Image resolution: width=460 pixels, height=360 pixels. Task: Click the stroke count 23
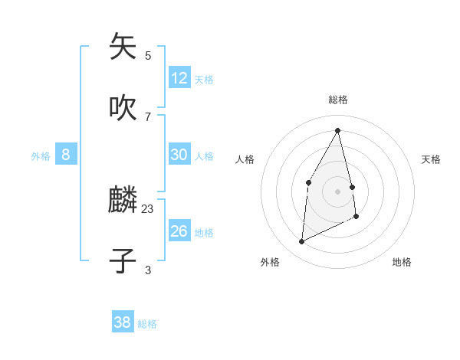point(148,208)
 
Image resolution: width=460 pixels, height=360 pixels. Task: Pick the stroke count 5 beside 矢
point(148,55)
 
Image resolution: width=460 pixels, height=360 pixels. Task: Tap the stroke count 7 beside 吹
point(148,116)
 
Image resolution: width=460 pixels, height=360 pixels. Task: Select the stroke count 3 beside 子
point(148,270)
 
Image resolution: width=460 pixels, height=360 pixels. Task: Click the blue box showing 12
point(179,78)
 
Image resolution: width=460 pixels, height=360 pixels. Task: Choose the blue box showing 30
point(179,155)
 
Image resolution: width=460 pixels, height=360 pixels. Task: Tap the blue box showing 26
point(179,231)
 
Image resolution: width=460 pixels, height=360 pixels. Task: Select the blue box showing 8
point(66,155)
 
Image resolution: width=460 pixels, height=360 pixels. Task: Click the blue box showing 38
point(123,322)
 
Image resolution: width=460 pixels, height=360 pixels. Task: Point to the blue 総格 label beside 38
point(147,324)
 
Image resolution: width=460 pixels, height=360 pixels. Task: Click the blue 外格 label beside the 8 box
point(41,156)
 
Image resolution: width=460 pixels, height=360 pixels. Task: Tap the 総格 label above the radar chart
point(338,100)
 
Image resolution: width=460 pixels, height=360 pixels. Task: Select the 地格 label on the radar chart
point(402,262)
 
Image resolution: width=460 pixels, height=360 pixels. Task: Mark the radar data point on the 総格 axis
point(338,130)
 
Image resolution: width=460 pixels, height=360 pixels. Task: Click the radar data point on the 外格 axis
point(301,242)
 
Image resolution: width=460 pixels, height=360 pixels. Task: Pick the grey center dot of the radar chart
point(338,191)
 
